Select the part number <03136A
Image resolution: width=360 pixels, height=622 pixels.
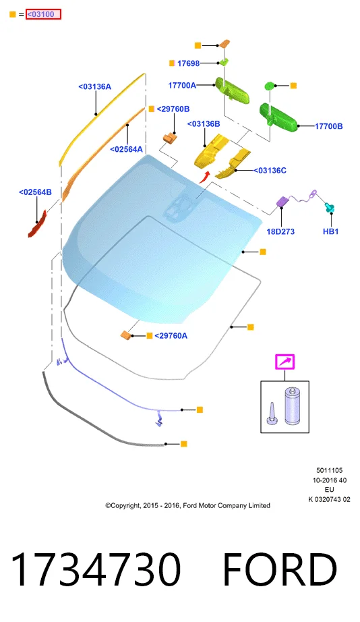95,86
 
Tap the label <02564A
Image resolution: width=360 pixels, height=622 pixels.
126,149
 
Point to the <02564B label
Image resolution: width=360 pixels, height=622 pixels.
35,192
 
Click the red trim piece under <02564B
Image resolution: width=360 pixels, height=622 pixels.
37,224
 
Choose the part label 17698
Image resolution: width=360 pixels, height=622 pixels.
188,63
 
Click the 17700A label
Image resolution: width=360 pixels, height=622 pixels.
182,85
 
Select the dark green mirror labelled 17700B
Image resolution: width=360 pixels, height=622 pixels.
279,116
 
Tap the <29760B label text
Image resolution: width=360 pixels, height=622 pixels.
173,109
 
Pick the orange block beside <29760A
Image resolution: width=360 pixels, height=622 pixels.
127,335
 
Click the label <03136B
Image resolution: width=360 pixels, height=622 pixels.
204,123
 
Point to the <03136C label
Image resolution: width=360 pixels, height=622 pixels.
270,170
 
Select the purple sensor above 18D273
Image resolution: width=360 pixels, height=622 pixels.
282,201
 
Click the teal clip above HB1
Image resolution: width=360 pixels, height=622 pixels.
330,208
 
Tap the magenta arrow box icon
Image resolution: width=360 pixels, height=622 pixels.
285,362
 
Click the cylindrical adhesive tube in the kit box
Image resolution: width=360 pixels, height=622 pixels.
293,405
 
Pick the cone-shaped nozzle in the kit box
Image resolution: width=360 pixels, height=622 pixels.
272,414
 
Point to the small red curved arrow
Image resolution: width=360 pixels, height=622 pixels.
204,177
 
